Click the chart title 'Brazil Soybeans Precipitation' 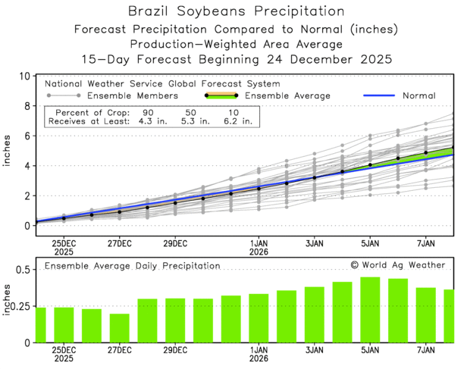(233, 11)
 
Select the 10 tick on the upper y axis (25, 77)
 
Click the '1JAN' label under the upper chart (258, 243)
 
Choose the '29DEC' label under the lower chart (175, 351)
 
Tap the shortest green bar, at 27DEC (119, 328)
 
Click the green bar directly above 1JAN (259, 318)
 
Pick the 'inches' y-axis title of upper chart (7, 151)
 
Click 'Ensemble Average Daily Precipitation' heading (132, 266)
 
